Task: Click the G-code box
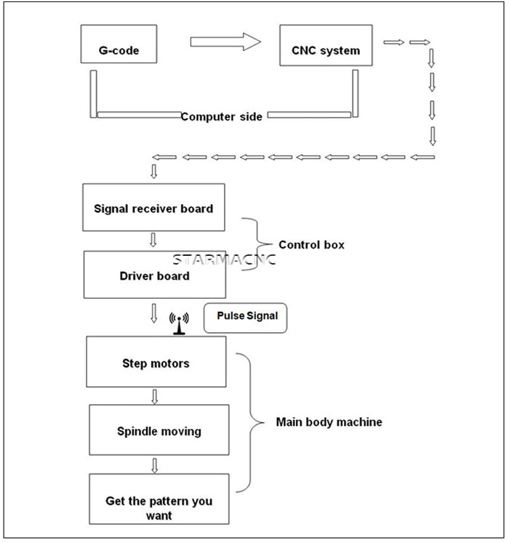coord(119,44)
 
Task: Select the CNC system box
coord(326,45)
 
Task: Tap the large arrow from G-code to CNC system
coord(225,42)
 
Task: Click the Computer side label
coord(221,117)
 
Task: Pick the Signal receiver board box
coord(153,207)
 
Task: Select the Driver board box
coord(155,275)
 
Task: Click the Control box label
coord(311,245)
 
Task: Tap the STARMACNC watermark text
coord(224,260)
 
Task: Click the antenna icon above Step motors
coord(179,323)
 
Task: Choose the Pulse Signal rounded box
coord(245,318)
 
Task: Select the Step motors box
coord(156,362)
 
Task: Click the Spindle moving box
coord(159,430)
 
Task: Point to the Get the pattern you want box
coord(159,499)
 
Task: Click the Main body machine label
coord(329,422)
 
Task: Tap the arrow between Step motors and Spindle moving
coord(155,397)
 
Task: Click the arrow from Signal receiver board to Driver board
coord(153,240)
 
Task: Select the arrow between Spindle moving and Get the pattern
coord(155,466)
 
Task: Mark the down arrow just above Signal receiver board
coord(154,172)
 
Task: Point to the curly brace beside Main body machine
coord(250,422)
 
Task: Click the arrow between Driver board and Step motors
coord(154,313)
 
